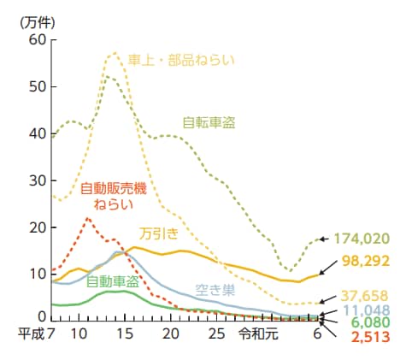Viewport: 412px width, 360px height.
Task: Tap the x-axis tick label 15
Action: pos(126,333)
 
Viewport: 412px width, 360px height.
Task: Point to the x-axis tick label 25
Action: pos(215,333)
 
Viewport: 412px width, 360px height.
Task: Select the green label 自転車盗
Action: pos(209,122)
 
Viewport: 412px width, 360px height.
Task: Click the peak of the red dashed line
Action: pos(88,218)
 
